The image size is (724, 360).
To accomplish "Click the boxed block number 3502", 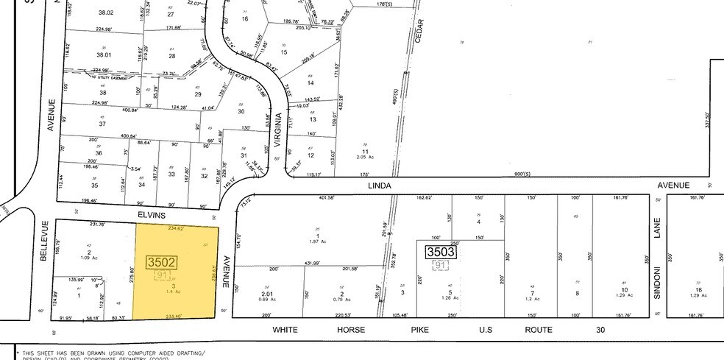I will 161,261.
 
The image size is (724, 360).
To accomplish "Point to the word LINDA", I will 379,186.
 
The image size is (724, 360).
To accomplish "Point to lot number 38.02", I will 106,13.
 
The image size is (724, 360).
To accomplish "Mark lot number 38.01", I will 107,54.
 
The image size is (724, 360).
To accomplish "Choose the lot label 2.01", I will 267,293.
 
